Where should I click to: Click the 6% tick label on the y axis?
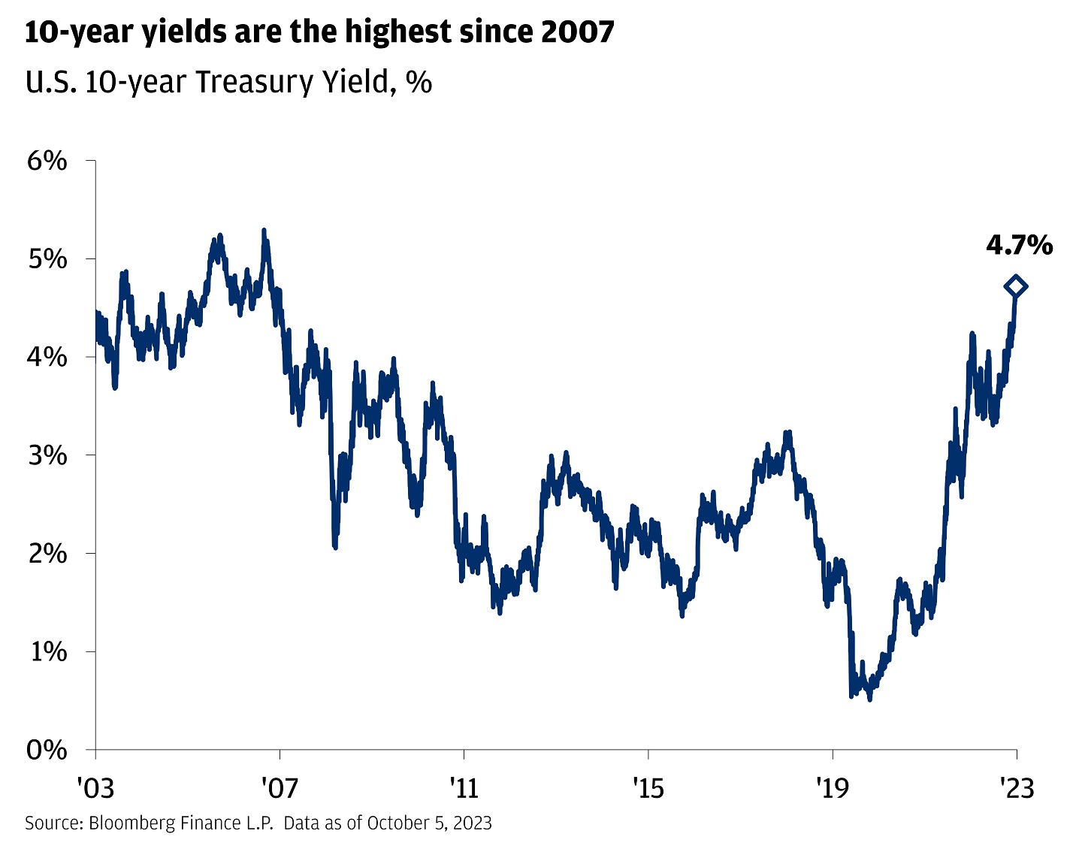click(x=47, y=161)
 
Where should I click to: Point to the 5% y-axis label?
click(x=47, y=258)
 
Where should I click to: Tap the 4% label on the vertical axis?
click(x=47, y=357)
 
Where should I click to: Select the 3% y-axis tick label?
click(x=47, y=455)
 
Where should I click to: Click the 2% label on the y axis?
click(x=47, y=553)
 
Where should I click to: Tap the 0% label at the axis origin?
click(x=47, y=750)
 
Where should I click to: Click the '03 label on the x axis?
click(x=95, y=788)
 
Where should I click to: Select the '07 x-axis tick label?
click(x=280, y=788)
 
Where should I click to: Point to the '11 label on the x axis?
click(x=464, y=788)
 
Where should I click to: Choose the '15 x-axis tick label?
click(x=648, y=788)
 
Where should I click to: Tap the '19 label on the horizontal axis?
click(x=833, y=788)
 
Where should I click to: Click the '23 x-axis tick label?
click(x=1017, y=788)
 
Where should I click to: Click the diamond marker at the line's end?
click(x=1016, y=287)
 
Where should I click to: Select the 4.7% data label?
click(x=1020, y=246)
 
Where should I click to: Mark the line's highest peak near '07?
click(x=264, y=230)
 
